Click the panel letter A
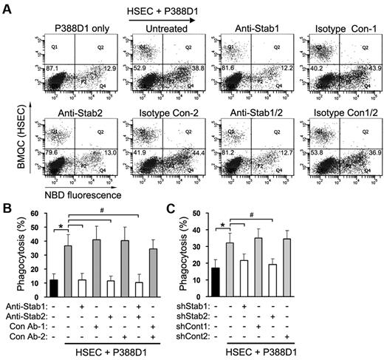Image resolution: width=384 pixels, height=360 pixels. (7, 7)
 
